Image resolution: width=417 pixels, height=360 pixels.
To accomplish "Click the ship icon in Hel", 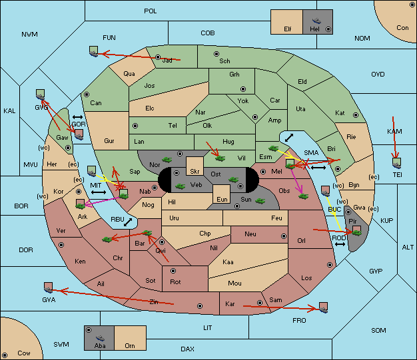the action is pyautogui.click(x=316, y=21).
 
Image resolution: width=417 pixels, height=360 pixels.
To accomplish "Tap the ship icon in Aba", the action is pyautogui.click(x=100, y=337).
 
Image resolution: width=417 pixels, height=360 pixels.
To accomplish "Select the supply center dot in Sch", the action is pyautogui.click(x=216, y=54).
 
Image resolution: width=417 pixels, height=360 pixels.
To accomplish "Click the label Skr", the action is pyautogui.click(x=195, y=172).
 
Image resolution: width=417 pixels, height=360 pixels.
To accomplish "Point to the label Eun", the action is pyautogui.click(x=222, y=199).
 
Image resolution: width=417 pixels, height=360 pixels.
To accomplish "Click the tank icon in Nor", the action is pyautogui.click(x=167, y=160).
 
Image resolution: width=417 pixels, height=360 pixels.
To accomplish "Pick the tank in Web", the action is pyautogui.click(x=181, y=186).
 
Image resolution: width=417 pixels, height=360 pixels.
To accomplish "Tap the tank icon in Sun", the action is pyautogui.click(x=260, y=201).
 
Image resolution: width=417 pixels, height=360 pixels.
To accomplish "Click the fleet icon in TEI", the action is pyautogui.click(x=397, y=163).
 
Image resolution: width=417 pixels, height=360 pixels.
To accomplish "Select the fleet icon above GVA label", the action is pyautogui.click(x=49, y=287).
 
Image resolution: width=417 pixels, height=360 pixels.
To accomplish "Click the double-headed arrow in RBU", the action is pyautogui.click(x=128, y=222).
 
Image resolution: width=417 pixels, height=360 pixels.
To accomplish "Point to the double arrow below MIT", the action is pyautogui.click(x=99, y=192).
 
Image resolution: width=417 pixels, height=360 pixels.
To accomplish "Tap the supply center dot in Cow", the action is pyautogui.click(x=5, y=355).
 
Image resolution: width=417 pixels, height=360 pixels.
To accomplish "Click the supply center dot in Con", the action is pyautogui.click(x=411, y=5).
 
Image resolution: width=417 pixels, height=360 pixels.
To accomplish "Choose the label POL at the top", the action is pyautogui.click(x=151, y=11).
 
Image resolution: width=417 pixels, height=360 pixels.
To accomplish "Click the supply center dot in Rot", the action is pyautogui.click(x=173, y=271).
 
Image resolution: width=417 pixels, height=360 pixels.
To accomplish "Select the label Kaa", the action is pyautogui.click(x=228, y=262).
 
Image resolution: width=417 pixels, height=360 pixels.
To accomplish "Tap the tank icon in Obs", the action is pyautogui.click(x=304, y=196).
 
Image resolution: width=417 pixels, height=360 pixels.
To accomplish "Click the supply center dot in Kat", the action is pyautogui.click(x=356, y=115).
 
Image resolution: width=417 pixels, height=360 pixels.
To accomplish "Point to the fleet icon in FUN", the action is pyautogui.click(x=93, y=51).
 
